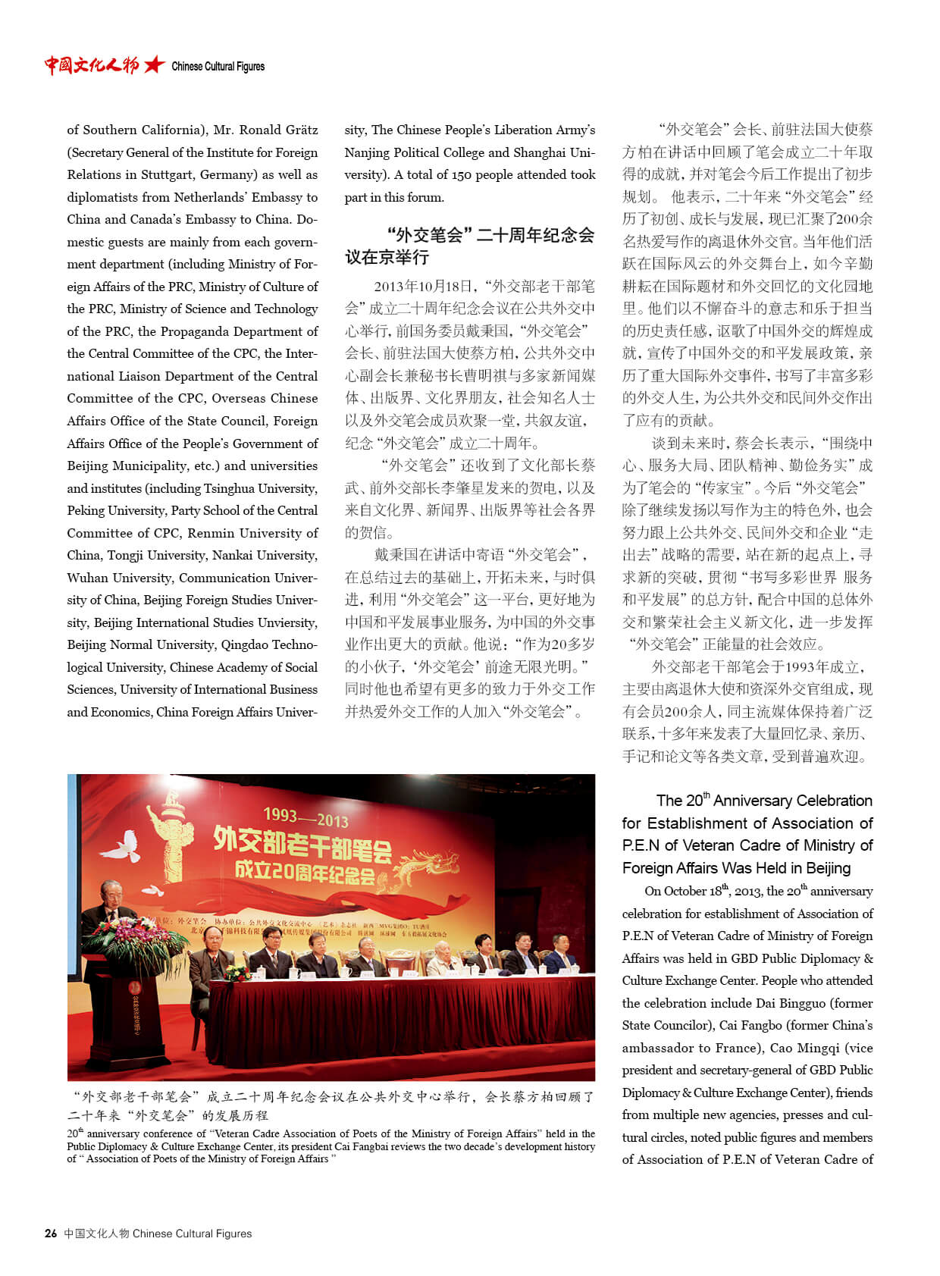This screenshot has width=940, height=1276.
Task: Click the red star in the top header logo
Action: click(x=154, y=65)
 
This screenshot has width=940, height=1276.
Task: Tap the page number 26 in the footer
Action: click(x=51, y=1234)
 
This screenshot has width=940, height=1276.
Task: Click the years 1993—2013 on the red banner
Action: click(x=305, y=817)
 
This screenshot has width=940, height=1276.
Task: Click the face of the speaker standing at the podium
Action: click(x=113, y=897)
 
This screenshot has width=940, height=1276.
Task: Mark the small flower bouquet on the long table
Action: click(x=237, y=972)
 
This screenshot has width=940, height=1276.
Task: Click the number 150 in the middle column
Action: click(x=462, y=174)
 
